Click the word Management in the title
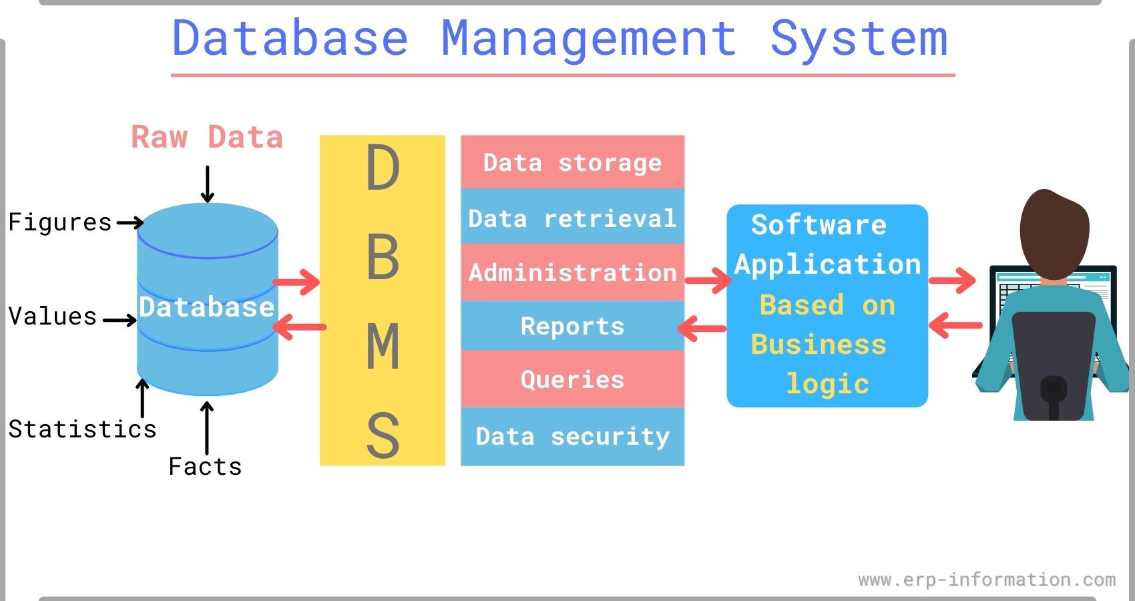point(589,39)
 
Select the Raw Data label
point(207,137)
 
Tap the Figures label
point(60,222)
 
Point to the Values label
point(53,317)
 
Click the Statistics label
point(82,429)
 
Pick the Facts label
point(205,467)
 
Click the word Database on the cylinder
point(207,307)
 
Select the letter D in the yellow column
point(383,168)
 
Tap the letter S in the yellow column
point(383,435)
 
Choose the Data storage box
point(572,162)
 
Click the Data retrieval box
point(572,218)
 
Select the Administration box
point(572,272)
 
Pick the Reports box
point(572,326)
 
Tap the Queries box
point(572,379)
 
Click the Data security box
point(572,436)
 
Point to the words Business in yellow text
point(819,345)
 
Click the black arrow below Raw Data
point(208,184)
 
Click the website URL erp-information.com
point(987,580)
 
